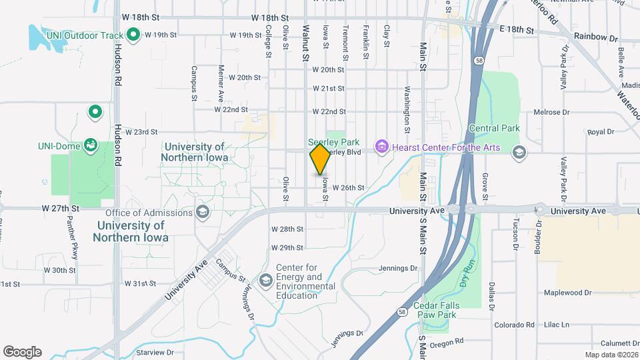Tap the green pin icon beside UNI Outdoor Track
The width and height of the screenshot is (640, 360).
point(133,34)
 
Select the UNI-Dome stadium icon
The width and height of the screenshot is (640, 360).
point(91,145)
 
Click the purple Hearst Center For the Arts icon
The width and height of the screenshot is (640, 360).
point(381,146)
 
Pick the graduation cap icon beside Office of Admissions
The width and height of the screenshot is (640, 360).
point(203,213)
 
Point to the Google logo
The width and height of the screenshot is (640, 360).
point(22,352)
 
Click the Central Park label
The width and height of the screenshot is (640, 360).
point(495,128)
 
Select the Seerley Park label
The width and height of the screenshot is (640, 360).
point(333,142)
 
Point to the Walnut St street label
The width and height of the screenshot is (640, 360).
point(306,44)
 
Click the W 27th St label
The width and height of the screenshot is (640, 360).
point(61,208)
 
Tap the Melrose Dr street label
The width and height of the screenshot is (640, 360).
point(550,112)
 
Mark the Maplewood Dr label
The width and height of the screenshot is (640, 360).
point(567,292)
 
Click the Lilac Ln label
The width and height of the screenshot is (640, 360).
point(556,325)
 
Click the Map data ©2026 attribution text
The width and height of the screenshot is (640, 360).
point(611,355)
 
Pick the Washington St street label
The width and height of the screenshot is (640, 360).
point(406,107)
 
